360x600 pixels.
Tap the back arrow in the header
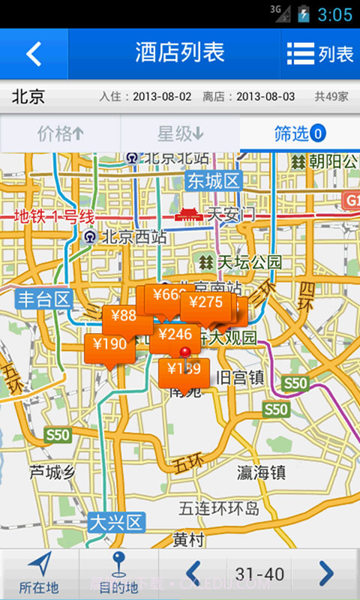coord(34,54)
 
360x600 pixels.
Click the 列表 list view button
coord(320,54)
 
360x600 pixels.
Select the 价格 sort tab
coord(60,134)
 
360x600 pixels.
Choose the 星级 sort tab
coord(180,134)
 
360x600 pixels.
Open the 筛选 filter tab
coord(299,134)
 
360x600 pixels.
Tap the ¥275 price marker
coord(206,304)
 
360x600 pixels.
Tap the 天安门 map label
coord(231,214)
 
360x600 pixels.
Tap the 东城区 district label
coord(213,181)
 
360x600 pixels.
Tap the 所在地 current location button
coord(39,574)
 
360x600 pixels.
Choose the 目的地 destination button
coord(118,574)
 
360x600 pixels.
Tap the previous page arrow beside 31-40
coord(193,574)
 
